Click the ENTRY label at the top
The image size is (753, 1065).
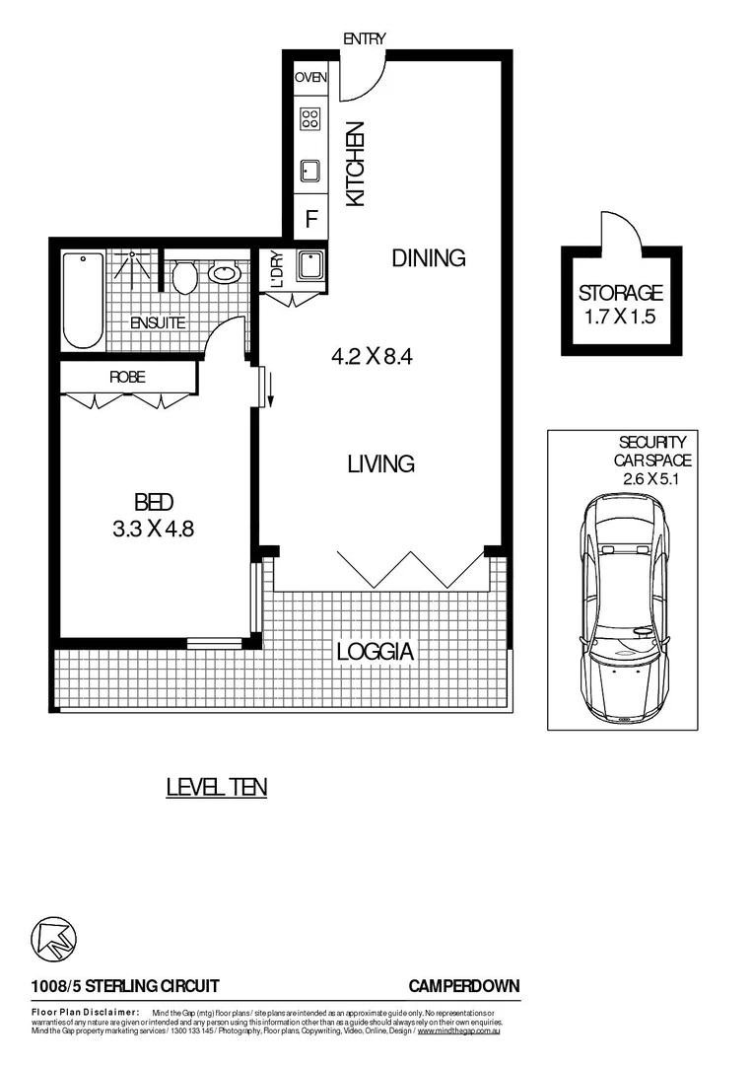[x=364, y=38]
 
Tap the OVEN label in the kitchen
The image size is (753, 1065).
[x=310, y=77]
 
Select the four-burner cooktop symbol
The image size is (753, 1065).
[x=310, y=119]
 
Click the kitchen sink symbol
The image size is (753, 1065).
[x=310, y=170]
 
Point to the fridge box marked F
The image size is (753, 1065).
[x=310, y=218]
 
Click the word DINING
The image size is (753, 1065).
[x=428, y=258]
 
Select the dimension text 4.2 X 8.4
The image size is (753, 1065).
[x=371, y=357]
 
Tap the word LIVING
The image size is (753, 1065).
[x=380, y=463]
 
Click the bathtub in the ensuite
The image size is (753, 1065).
[x=83, y=300]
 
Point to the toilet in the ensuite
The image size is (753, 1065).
[x=183, y=277]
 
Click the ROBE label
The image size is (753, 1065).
[x=127, y=376]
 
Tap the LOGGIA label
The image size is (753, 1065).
[x=375, y=652]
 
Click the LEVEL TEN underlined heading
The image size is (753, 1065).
[x=216, y=787]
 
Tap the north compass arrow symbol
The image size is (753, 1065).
[x=54, y=938]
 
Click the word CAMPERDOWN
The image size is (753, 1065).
[x=464, y=986]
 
